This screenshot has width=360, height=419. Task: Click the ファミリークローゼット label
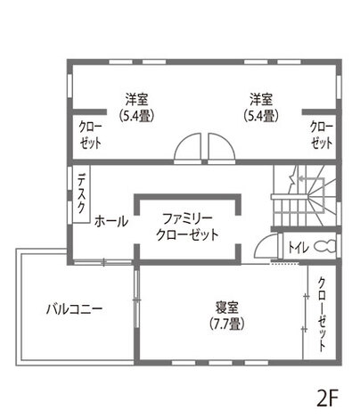[187, 226]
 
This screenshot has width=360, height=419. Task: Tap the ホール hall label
[110, 221]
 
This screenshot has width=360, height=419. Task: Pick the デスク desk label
[81, 193]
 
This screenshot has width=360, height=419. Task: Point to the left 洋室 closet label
[90, 135]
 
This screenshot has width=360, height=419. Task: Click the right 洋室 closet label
[322, 135]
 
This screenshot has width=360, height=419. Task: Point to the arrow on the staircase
[305, 179]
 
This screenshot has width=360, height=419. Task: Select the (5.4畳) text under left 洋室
[136, 115]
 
